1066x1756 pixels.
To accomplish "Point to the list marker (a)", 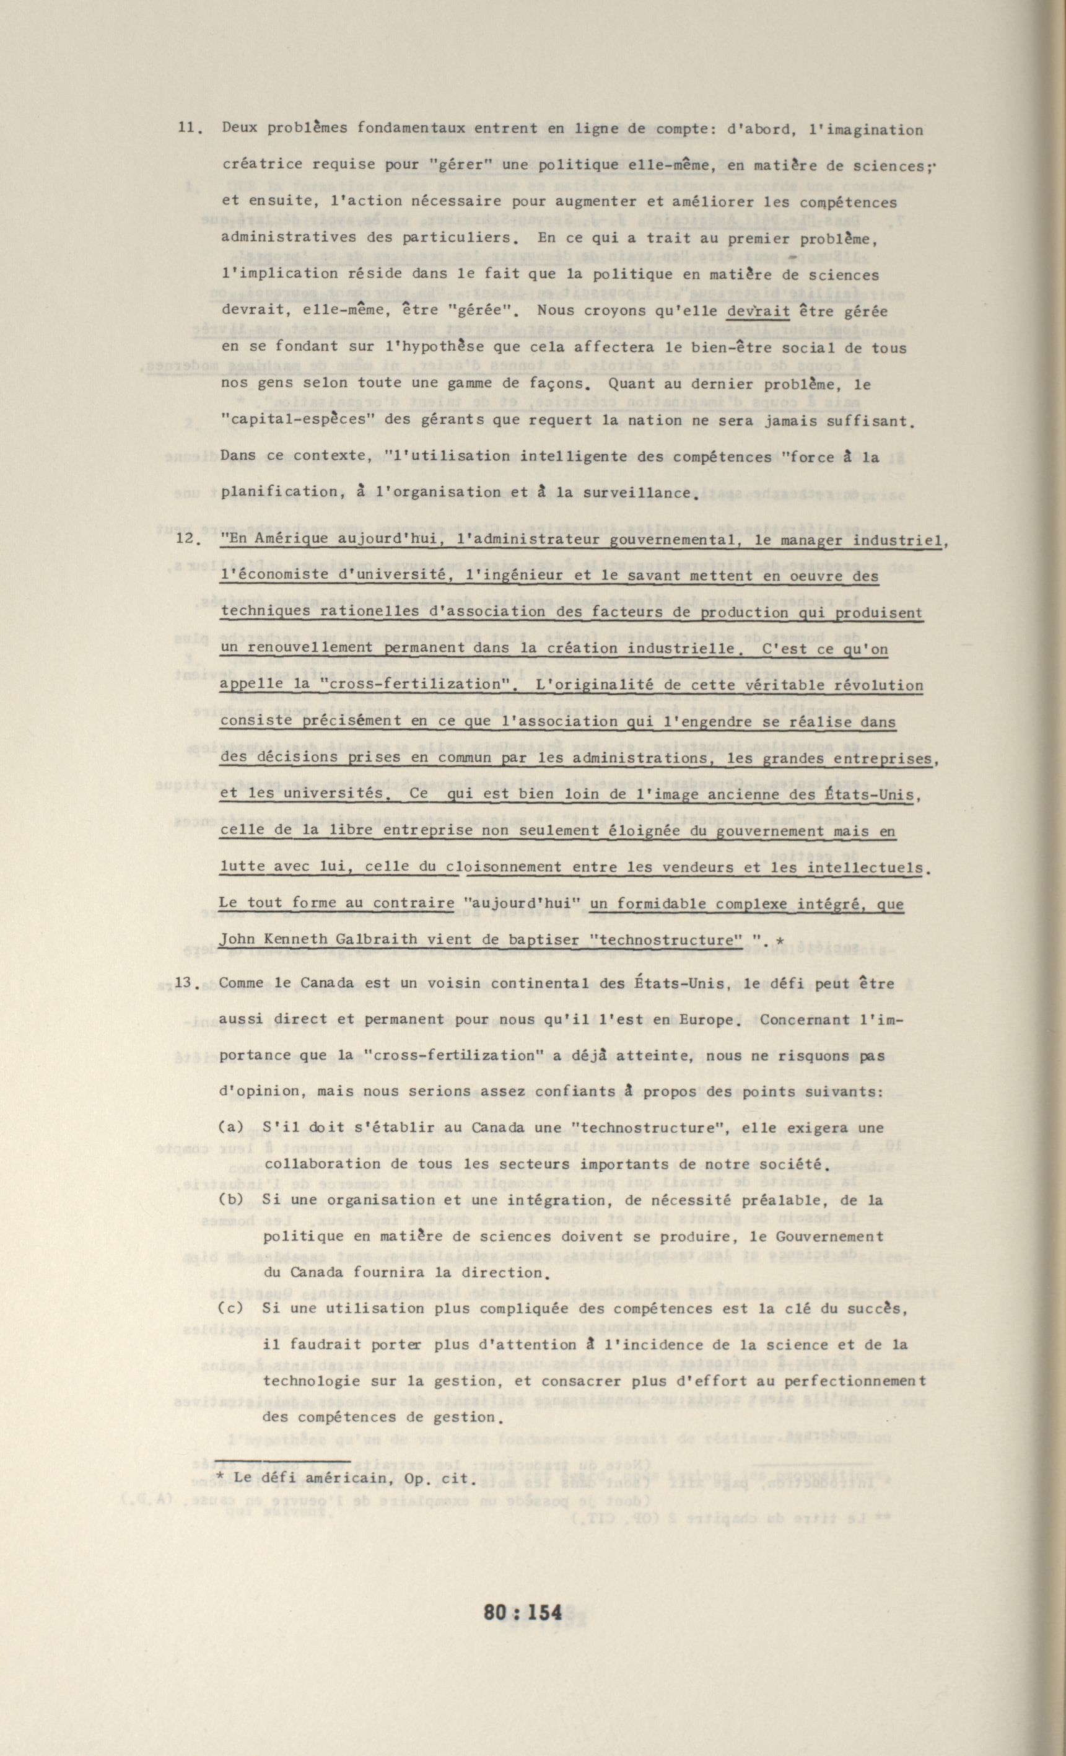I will pos(231,1128).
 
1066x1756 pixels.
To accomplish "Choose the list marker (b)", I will pos(231,1200).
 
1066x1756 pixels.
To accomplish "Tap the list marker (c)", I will pos(231,1309).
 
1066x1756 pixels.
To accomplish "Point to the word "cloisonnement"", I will pos(505,867).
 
